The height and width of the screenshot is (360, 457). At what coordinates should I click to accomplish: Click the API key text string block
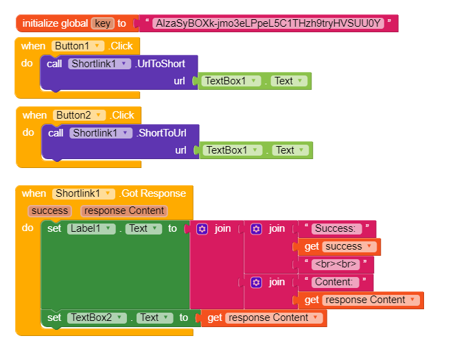click(x=268, y=23)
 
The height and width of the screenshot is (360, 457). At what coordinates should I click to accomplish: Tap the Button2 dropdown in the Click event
click(x=80, y=115)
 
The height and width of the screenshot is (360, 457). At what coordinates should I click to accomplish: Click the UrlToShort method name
click(x=161, y=63)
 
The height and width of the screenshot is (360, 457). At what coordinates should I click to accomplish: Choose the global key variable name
click(x=102, y=23)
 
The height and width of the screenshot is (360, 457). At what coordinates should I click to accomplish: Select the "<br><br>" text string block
click(x=334, y=264)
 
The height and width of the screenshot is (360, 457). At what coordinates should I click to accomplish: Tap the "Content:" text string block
click(x=334, y=282)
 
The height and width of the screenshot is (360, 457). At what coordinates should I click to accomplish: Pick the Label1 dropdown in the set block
click(x=91, y=228)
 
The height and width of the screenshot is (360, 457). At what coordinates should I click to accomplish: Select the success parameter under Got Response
click(x=49, y=211)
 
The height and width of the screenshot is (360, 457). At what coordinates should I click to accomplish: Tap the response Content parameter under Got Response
click(x=124, y=211)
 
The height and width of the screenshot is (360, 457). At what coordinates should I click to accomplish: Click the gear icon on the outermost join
click(x=202, y=228)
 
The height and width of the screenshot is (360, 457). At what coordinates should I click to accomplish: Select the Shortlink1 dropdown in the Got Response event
click(x=82, y=193)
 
